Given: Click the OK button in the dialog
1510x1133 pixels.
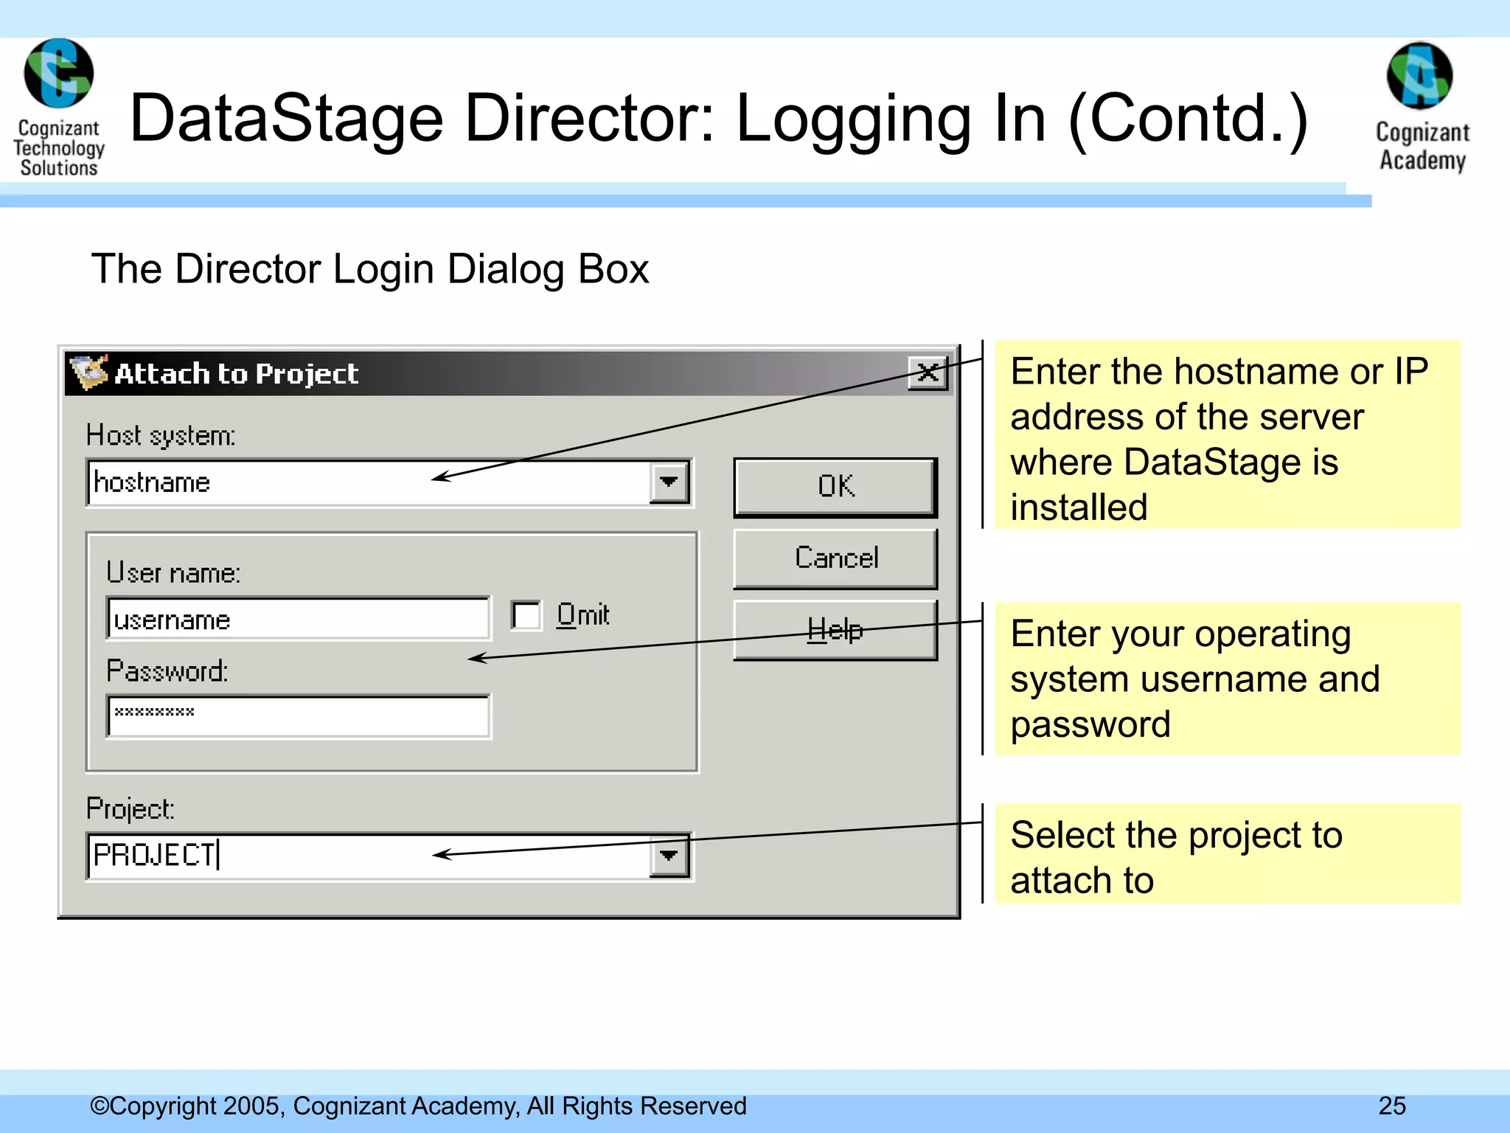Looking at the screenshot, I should (835, 487).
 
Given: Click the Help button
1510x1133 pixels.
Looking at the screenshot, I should (835, 630).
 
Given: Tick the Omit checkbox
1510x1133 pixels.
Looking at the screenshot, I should (526, 615).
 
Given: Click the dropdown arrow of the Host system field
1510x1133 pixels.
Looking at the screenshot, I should (669, 482).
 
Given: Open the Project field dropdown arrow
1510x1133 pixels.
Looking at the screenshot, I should (669, 856).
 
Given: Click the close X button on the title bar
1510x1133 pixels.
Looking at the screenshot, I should (928, 373).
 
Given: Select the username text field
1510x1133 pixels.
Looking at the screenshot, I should (298, 619).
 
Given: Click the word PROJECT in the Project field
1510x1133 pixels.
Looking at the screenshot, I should (154, 856).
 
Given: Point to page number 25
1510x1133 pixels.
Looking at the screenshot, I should (1392, 1106).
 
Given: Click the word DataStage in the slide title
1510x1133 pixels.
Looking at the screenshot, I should (286, 119).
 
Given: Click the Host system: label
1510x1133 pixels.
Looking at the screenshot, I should (161, 436).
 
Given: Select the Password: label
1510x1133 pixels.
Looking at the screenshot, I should (167, 671).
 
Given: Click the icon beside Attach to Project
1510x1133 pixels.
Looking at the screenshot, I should (88, 373).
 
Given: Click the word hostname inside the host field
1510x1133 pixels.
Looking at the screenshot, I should (153, 482).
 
